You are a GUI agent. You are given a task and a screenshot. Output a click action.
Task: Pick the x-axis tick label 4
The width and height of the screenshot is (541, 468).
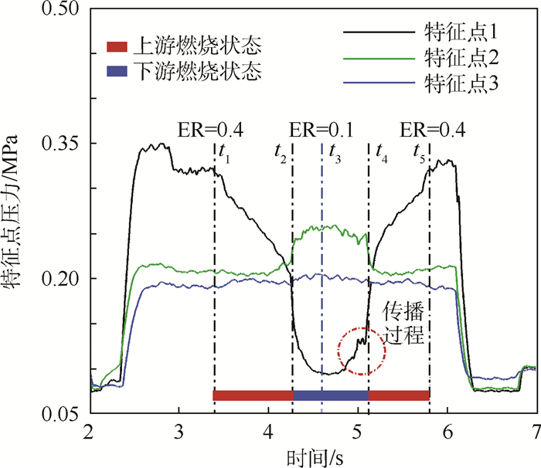268,430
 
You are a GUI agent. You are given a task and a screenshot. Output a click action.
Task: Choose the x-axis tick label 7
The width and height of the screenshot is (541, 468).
536,430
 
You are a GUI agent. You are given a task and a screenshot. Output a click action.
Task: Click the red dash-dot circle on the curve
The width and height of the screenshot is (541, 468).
361,351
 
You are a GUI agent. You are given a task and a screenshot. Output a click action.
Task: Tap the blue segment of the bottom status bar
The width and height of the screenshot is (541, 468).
331,395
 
